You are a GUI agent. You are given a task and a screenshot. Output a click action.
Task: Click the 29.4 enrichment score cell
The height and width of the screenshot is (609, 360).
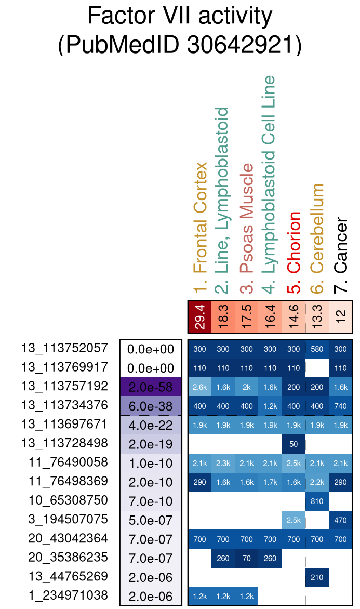200,317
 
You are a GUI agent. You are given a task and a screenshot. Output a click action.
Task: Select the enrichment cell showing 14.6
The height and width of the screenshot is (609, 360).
294,317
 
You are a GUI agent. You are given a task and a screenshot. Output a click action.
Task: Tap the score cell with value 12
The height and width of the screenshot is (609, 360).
341,317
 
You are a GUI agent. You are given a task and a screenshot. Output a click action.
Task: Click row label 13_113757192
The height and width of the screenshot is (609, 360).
65,386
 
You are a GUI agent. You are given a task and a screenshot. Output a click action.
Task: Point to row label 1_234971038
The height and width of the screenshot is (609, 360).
65,595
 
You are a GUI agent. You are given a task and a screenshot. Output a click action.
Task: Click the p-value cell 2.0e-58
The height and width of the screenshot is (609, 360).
151,387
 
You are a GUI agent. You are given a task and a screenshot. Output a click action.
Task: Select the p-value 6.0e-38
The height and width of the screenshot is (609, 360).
151,406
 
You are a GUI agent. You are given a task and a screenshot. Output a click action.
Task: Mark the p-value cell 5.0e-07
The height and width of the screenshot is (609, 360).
151,520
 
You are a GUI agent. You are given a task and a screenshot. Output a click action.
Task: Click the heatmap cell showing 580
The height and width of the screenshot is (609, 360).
317,349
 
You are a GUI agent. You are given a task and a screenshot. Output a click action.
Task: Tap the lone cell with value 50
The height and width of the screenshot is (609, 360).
294,444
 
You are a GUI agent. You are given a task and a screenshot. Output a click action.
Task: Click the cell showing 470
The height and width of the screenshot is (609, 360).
341,520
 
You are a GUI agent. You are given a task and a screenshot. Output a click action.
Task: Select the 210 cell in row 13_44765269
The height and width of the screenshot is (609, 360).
317,577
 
